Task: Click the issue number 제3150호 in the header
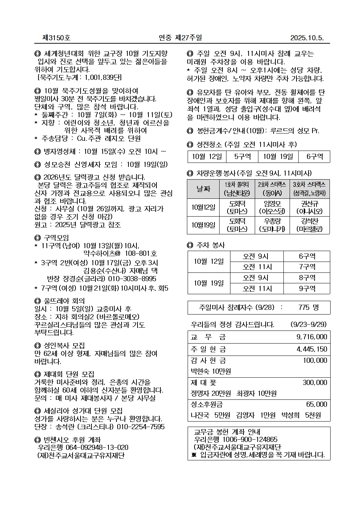(56, 38)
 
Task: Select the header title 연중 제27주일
(180, 38)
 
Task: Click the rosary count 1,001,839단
(103, 78)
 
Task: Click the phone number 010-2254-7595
(140, 427)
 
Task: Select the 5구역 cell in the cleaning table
(242, 156)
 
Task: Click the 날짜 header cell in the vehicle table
(203, 189)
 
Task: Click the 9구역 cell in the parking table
(307, 288)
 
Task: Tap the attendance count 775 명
(308, 307)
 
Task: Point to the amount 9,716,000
(311, 337)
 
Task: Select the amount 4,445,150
(311, 349)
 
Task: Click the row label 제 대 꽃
(204, 382)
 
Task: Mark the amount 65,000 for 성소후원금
(316, 404)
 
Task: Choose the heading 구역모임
(56, 238)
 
